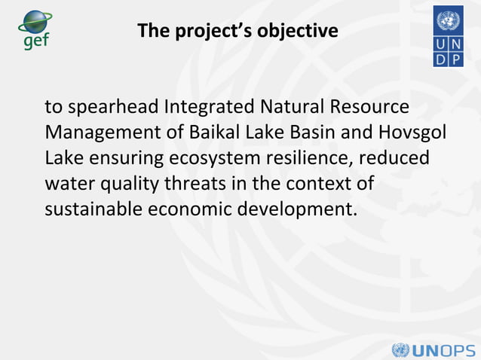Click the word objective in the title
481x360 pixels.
pos(298,32)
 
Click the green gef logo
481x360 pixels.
pos(34,30)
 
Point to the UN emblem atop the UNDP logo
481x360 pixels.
pos(449,20)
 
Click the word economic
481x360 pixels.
pos(193,209)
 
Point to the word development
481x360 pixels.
pos(297,209)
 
